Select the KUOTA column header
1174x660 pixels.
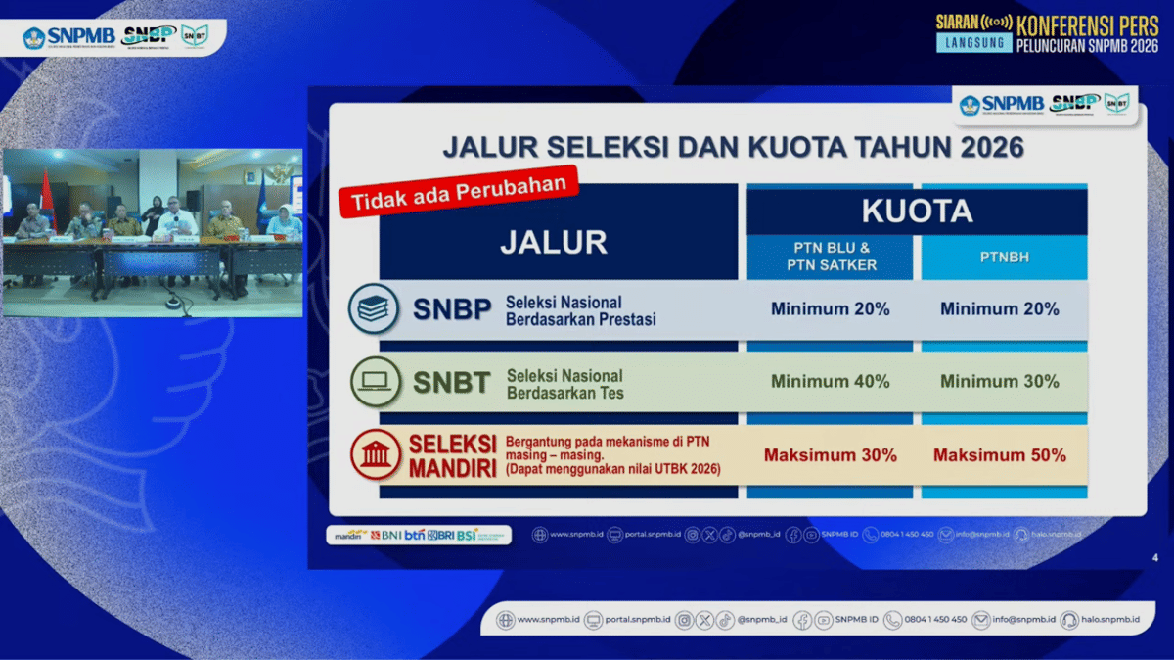tap(917, 211)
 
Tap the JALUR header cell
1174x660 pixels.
tap(554, 242)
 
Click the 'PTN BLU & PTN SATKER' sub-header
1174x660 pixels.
tap(830, 257)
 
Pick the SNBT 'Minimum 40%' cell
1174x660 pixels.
tap(830, 382)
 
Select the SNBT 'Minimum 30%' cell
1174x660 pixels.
tap(1000, 382)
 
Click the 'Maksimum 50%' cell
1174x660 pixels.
tap(1000, 455)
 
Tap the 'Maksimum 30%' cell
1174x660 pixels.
tap(830, 455)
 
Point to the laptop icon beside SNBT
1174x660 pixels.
tap(374, 383)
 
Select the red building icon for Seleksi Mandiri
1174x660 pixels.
tap(376, 455)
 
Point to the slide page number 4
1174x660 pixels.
tap(1155, 558)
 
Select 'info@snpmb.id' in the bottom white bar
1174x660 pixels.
tap(1023, 620)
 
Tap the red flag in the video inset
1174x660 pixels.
tap(44, 191)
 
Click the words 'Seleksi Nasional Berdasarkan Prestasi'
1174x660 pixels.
tap(581, 310)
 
